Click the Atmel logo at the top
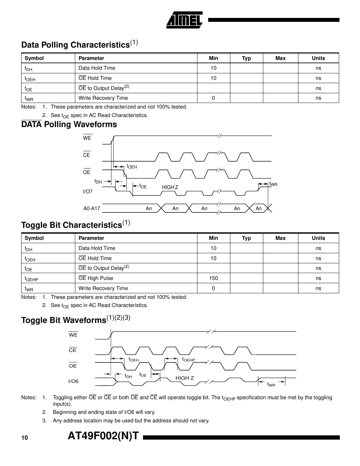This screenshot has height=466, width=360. [x=184, y=20]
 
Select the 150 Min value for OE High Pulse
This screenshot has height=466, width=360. [x=213, y=278]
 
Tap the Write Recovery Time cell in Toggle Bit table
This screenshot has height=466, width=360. [x=103, y=288]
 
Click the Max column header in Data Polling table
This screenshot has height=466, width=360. [x=280, y=58]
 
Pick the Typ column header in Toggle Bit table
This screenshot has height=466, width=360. [x=246, y=238]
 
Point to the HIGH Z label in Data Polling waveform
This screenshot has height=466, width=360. [x=170, y=187]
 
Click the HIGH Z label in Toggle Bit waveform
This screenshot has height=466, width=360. [x=185, y=378]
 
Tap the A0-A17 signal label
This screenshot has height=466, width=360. [x=92, y=209]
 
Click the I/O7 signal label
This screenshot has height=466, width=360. [x=88, y=192]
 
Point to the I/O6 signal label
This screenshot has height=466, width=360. [x=73, y=381]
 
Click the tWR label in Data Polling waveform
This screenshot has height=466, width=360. [x=273, y=184]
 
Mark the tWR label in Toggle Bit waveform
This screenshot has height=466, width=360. [x=271, y=385]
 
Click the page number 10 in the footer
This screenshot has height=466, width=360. [x=25, y=438]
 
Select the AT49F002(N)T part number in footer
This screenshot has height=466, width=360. [x=103, y=436]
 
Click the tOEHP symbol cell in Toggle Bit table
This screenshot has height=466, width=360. [x=31, y=279]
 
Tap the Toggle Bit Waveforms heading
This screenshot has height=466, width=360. [x=76, y=320]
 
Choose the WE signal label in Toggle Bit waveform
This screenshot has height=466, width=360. [x=73, y=335]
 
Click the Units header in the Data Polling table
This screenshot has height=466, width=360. [x=318, y=58]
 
